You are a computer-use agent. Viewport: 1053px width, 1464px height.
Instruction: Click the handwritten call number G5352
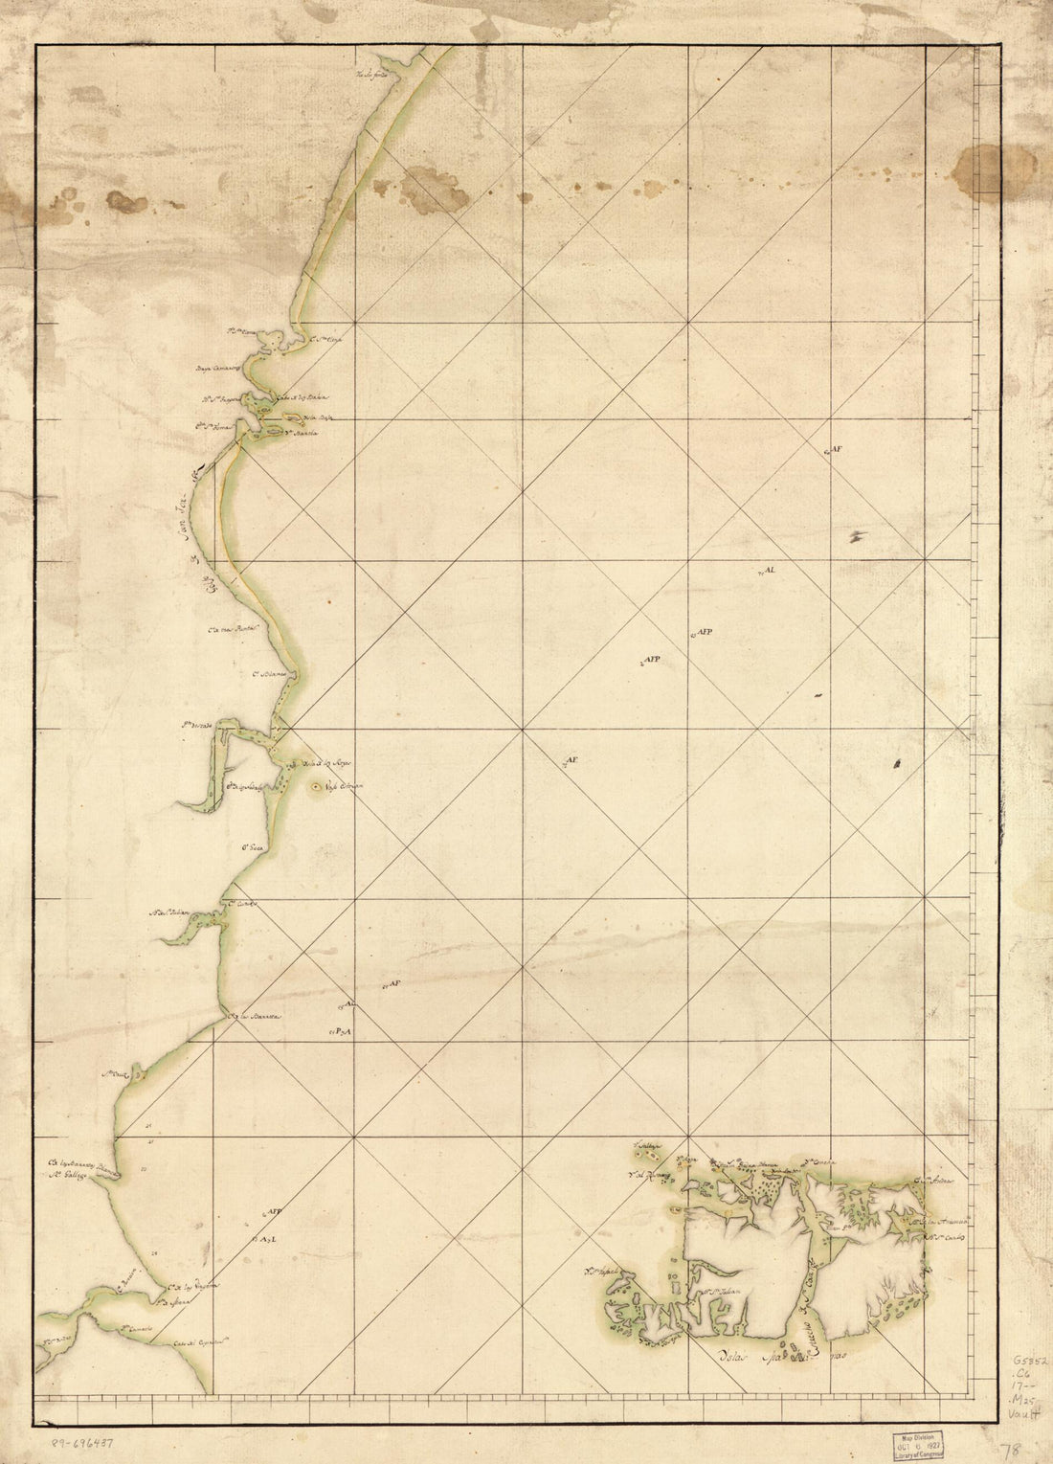(1030, 1361)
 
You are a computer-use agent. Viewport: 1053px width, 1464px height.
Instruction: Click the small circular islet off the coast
(317, 787)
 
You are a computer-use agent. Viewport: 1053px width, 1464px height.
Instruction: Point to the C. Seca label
(252, 847)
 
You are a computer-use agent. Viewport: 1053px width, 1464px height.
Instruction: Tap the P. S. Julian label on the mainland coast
(174, 912)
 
